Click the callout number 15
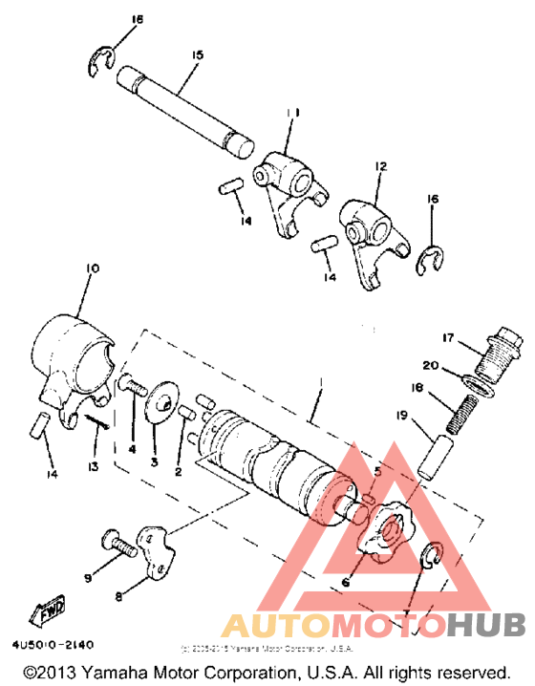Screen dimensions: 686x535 pos(197,55)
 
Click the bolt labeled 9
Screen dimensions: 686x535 pos(118,548)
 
